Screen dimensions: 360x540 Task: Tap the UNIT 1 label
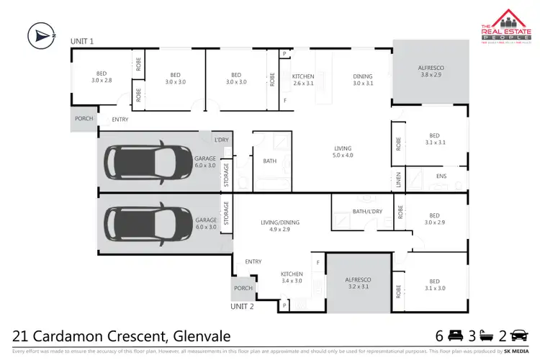point(82,42)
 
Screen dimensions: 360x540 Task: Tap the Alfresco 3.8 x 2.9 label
point(429,71)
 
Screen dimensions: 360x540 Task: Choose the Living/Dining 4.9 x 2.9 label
point(279,227)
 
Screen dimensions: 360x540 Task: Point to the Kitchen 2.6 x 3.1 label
point(302,80)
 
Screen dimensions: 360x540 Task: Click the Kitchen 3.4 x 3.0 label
point(292,278)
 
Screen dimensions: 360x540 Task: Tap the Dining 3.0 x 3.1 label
point(363,80)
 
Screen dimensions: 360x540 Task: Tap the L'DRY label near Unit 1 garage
point(221,139)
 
